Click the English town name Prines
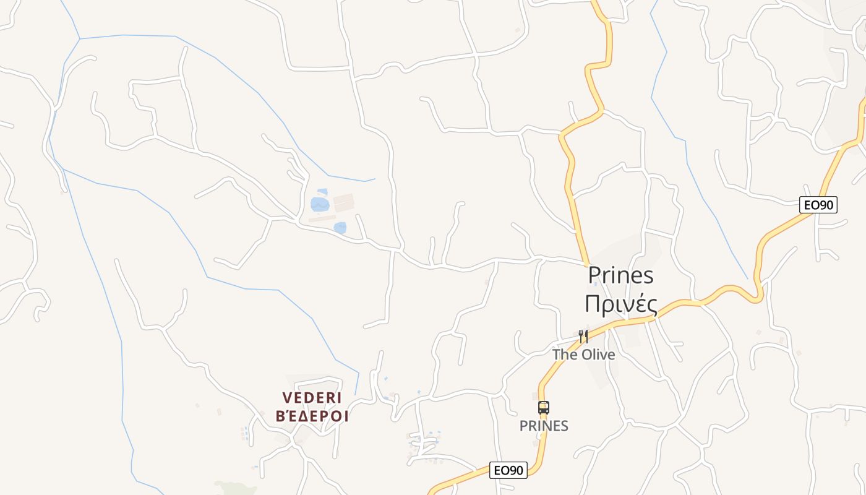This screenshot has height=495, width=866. point(620,275)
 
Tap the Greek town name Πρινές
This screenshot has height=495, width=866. point(620,304)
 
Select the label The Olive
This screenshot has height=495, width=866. point(583,355)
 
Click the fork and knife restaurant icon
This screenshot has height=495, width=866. point(583,336)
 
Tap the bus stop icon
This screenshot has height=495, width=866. point(544,408)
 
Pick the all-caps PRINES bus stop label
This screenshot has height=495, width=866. point(544,426)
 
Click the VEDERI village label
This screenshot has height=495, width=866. point(312,397)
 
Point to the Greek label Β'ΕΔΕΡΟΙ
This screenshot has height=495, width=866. point(312,416)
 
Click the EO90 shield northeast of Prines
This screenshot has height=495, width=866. point(818,205)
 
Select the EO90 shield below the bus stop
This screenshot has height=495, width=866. point(508,470)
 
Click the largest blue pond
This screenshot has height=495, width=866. point(320,204)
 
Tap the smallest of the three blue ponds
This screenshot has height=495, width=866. point(322,192)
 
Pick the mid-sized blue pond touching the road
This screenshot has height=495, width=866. point(340,228)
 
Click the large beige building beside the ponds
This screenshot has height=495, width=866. point(343,202)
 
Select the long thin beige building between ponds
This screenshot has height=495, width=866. point(322,218)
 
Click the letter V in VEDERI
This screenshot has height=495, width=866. point(286,397)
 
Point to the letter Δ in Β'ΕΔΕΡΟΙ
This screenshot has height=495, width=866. point(306,416)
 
